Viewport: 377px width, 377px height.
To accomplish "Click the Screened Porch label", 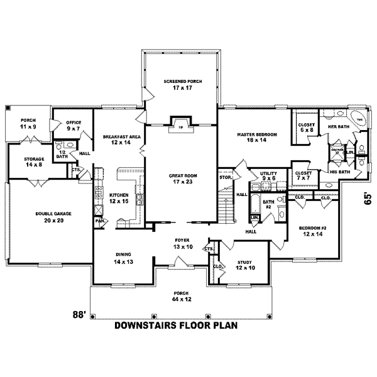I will (x=181, y=84).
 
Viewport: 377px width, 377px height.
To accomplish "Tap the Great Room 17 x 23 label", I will (x=181, y=178).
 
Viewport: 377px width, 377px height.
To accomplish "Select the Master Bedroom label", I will (x=253, y=138).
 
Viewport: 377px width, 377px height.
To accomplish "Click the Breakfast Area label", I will (x=117, y=139).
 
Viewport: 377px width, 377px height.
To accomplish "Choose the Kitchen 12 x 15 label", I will (x=119, y=198).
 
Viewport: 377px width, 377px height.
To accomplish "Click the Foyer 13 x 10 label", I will (x=182, y=244).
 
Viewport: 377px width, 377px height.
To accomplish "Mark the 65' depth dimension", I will (x=368, y=199).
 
